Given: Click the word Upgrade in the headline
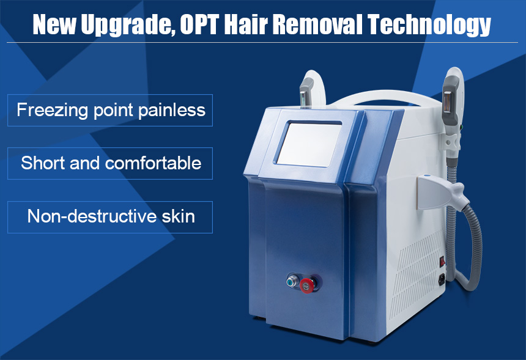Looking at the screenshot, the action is [x=126, y=25].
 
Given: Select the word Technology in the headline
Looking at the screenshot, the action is [x=429, y=25].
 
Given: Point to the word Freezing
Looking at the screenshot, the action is [x=52, y=111].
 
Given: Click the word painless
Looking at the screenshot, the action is [x=172, y=110].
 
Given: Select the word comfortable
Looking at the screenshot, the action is [x=153, y=163].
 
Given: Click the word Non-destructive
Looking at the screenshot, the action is [x=92, y=216].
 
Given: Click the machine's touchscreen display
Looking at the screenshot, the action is [x=309, y=144].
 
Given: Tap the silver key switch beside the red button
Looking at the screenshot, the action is [x=292, y=281].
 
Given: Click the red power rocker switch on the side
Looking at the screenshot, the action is [x=442, y=261].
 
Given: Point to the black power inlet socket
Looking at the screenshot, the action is [x=442, y=279].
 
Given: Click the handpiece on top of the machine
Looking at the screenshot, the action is [x=306, y=91].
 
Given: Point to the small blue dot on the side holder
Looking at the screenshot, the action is [x=427, y=175].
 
